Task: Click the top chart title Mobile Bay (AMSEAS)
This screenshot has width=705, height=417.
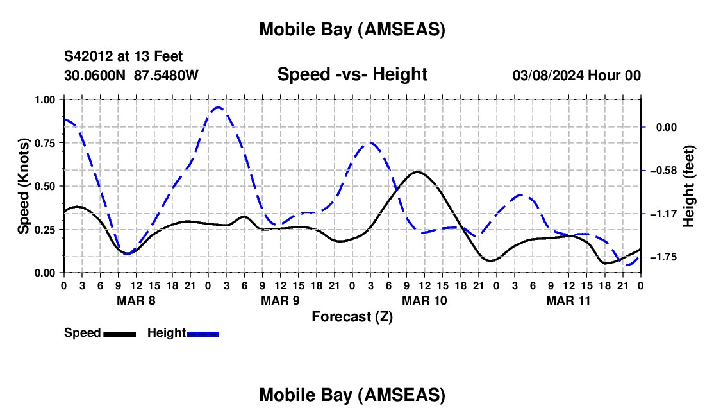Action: click(x=352, y=30)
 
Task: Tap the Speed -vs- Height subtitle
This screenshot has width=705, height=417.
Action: click(x=352, y=74)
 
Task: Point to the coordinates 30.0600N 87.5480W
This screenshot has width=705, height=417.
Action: click(x=131, y=75)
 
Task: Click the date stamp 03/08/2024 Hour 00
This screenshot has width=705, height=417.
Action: click(x=577, y=75)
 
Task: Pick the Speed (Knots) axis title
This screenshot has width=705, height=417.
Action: click(x=24, y=185)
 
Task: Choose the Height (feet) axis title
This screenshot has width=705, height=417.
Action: click(x=689, y=186)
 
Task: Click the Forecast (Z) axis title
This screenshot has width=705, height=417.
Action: click(x=352, y=316)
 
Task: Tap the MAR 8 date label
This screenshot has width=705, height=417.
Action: click(x=136, y=300)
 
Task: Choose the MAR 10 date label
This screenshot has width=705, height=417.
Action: click(x=424, y=300)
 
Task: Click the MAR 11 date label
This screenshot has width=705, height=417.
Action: click(x=568, y=300)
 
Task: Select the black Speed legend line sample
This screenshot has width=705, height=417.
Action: click(x=119, y=334)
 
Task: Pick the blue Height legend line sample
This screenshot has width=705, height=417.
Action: click(x=203, y=334)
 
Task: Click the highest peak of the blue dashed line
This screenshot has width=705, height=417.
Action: click(x=218, y=107)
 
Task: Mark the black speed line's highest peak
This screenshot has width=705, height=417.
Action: click(x=417, y=172)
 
